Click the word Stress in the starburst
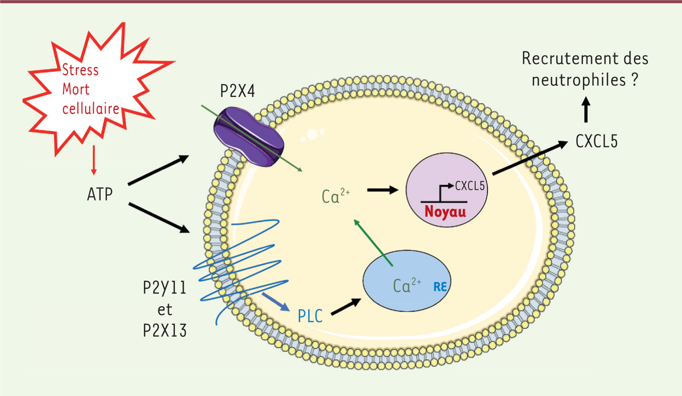pos(80,70)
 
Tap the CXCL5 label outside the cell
pos(595,140)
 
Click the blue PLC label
pos(311,315)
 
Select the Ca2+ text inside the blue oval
pos(405,285)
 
